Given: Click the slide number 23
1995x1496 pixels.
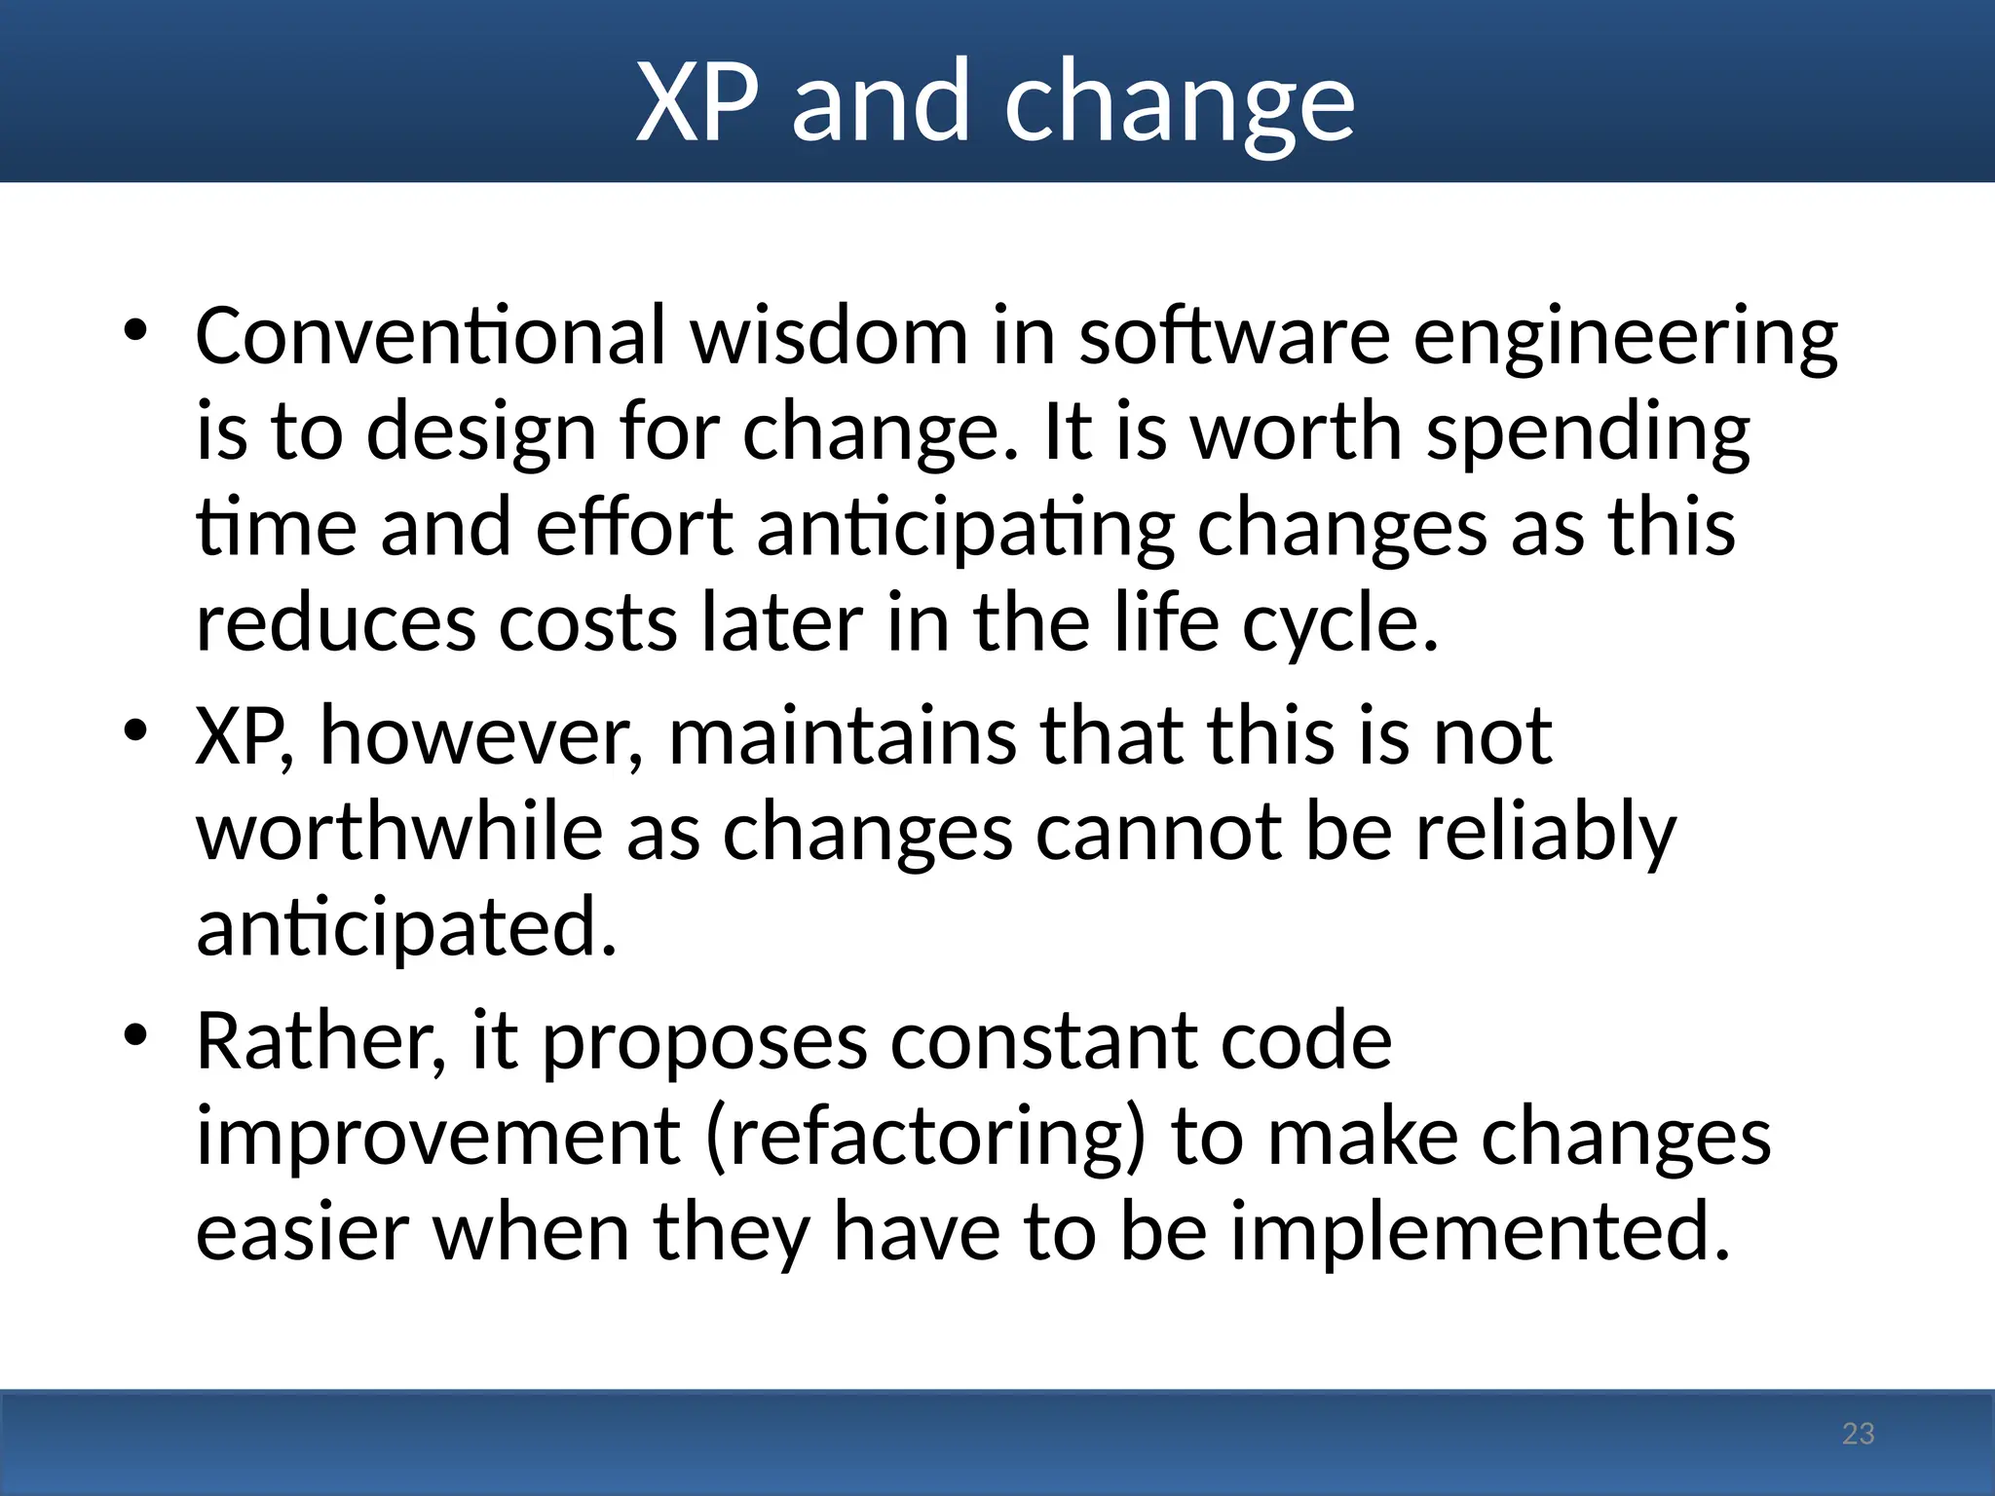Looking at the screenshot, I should coord(1858,1434).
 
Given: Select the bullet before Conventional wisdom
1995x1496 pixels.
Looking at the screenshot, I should coord(135,332).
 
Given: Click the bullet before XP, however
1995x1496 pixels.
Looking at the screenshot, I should coord(135,731).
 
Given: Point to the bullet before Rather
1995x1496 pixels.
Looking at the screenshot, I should coord(135,1036).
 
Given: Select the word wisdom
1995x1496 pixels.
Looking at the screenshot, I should coord(829,336).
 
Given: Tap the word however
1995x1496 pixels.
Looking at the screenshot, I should coord(481,737).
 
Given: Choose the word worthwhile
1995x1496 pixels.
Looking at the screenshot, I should coord(399,833).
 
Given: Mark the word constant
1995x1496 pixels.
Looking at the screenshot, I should coord(1043,1042).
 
